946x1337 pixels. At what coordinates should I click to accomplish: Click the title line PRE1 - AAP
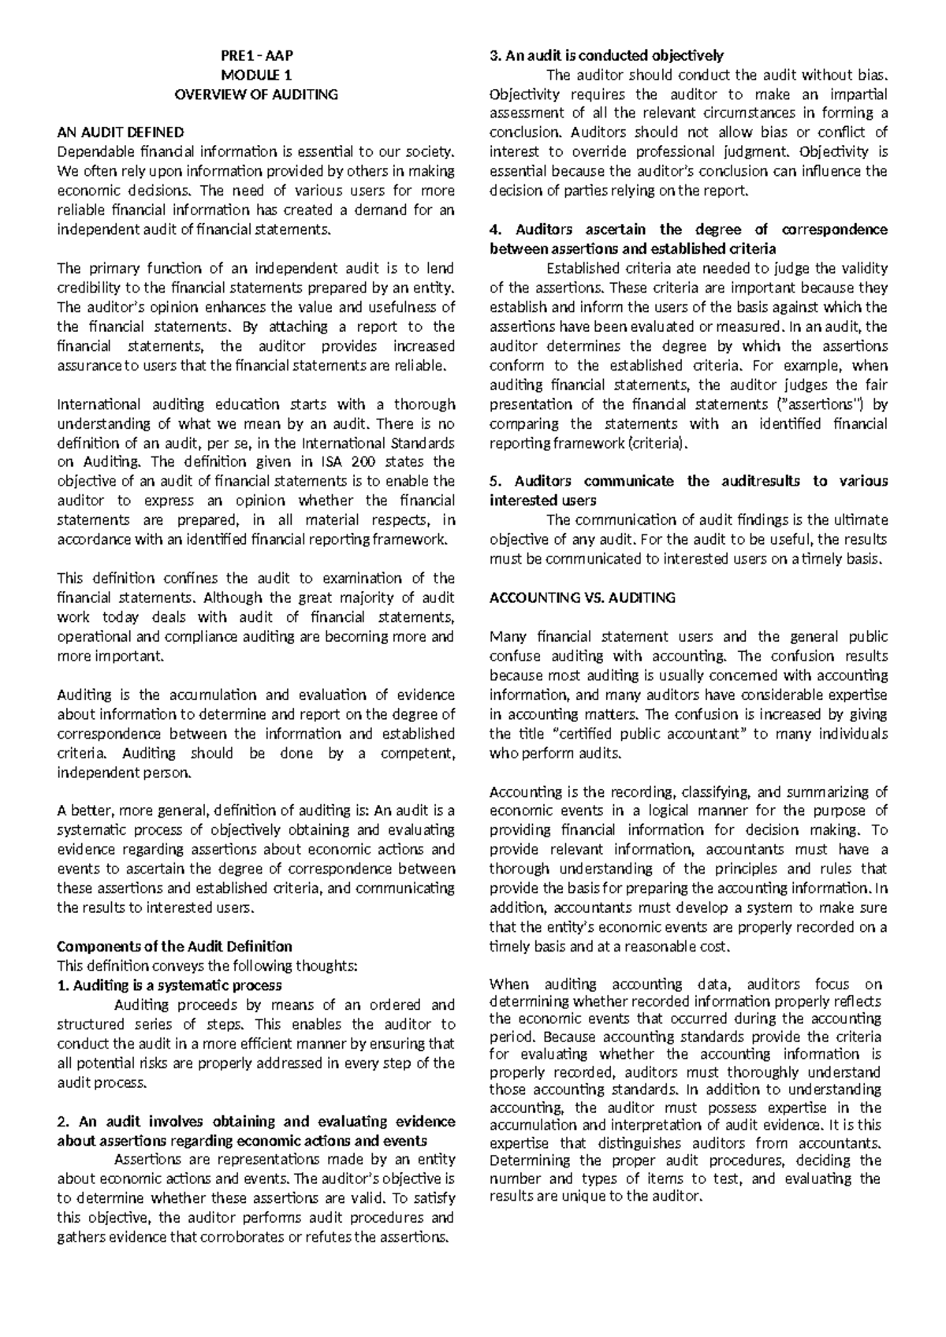pos(255,55)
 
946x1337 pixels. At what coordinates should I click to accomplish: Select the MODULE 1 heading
pos(255,75)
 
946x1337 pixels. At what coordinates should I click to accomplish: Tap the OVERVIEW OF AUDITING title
pos(255,94)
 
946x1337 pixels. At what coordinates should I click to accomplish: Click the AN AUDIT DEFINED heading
pos(121,132)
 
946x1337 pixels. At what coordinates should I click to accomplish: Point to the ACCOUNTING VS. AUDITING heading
pos(583,598)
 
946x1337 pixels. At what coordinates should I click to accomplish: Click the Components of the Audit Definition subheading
pos(175,946)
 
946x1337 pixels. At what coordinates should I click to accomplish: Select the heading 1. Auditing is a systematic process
pos(169,985)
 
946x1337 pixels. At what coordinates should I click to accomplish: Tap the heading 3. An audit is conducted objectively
pos(606,55)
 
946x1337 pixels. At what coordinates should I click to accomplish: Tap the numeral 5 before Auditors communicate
pos(493,481)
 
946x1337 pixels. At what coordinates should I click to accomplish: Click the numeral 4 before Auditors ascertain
pos(494,229)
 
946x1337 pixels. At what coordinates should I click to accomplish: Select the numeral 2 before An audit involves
pos(62,1121)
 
